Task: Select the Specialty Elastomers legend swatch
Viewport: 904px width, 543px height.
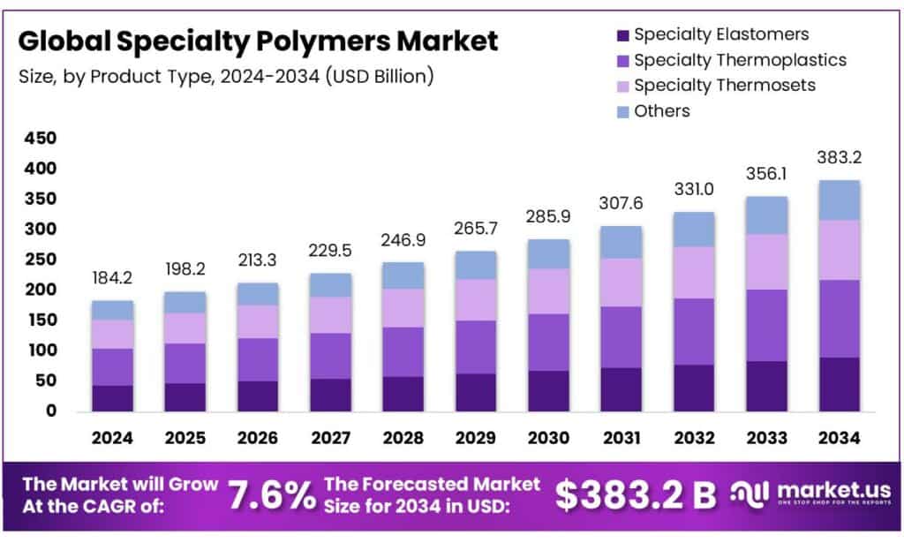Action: pyautogui.click(x=621, y=35)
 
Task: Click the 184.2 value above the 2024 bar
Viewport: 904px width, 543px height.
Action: pyautogui.click(x=112, y=279)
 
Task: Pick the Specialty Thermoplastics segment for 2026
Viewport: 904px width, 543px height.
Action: pyautogui.click(x=259, y=359)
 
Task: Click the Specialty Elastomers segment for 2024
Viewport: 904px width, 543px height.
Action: pyautogui.click(x=112, y=398)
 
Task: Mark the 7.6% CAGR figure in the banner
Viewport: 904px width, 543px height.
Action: pyautogui.click(x=271, y=496)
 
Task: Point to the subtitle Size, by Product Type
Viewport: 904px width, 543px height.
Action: pyautogui.click(x=225, y=77)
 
